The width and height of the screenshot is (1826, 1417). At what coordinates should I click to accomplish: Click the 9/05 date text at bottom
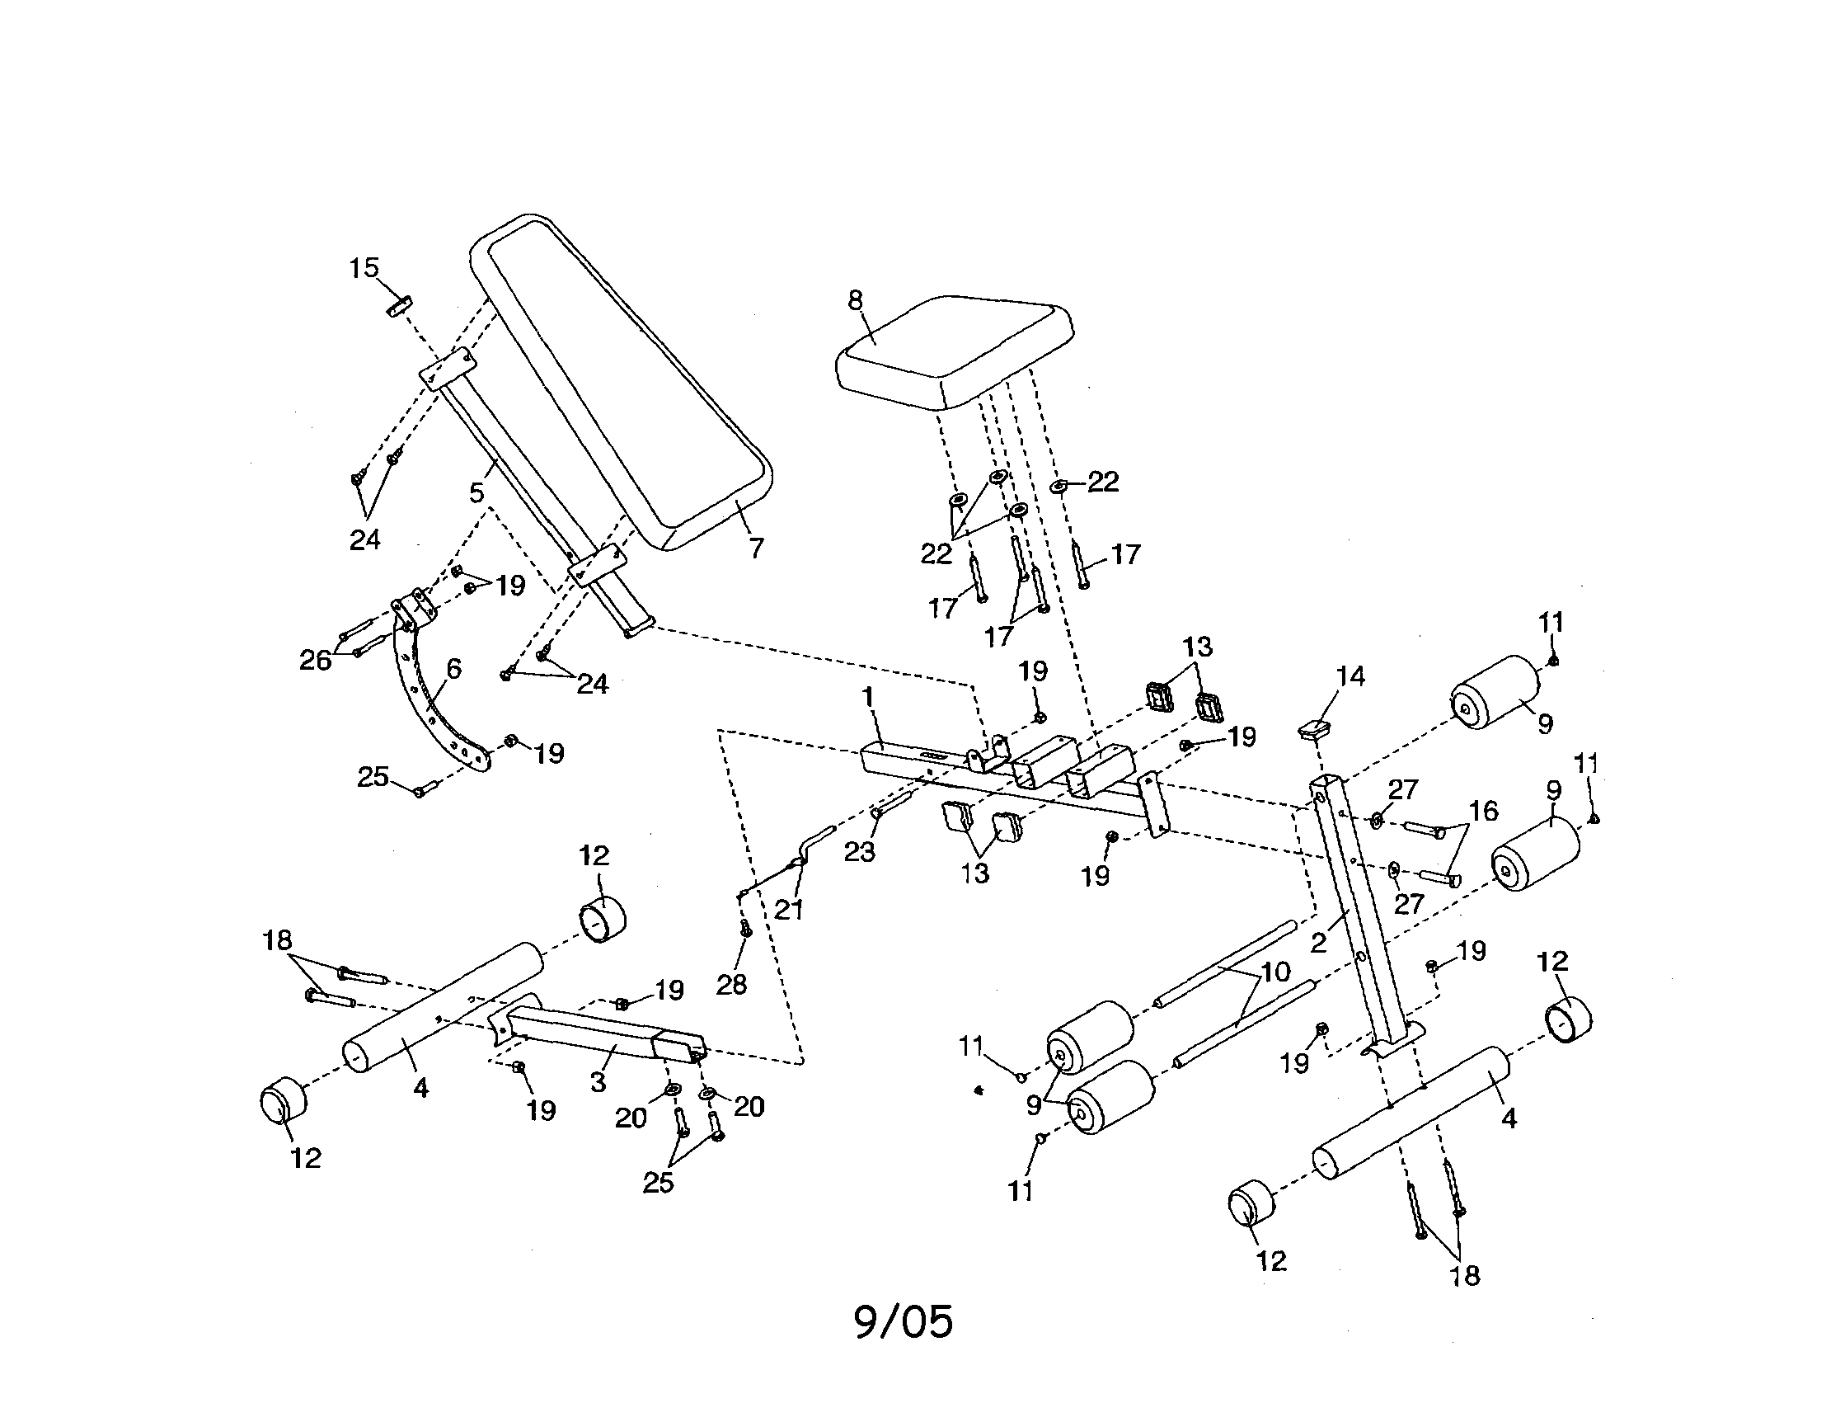903,1322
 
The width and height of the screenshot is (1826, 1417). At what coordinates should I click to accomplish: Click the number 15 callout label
364,269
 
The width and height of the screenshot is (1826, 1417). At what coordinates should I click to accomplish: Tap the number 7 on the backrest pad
756,548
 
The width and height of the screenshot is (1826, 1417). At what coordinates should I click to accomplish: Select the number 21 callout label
787,910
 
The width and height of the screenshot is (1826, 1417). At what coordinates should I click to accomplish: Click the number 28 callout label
731,985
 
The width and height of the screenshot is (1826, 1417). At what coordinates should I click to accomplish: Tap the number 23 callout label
859,851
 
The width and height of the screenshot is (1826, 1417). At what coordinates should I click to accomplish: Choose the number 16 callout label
1483,811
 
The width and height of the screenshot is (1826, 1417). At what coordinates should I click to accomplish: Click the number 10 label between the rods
1274,972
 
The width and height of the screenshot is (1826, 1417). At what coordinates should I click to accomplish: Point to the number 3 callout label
598,1082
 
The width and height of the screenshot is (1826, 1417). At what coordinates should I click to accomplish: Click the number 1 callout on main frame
868,696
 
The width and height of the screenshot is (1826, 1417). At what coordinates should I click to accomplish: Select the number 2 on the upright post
1318,944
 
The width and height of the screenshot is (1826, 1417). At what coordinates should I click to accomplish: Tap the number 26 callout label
315,661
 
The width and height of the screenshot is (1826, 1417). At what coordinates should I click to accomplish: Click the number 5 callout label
476,492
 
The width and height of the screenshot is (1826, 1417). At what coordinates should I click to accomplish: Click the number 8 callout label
856,300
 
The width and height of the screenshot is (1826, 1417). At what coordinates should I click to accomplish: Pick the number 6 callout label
453,668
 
